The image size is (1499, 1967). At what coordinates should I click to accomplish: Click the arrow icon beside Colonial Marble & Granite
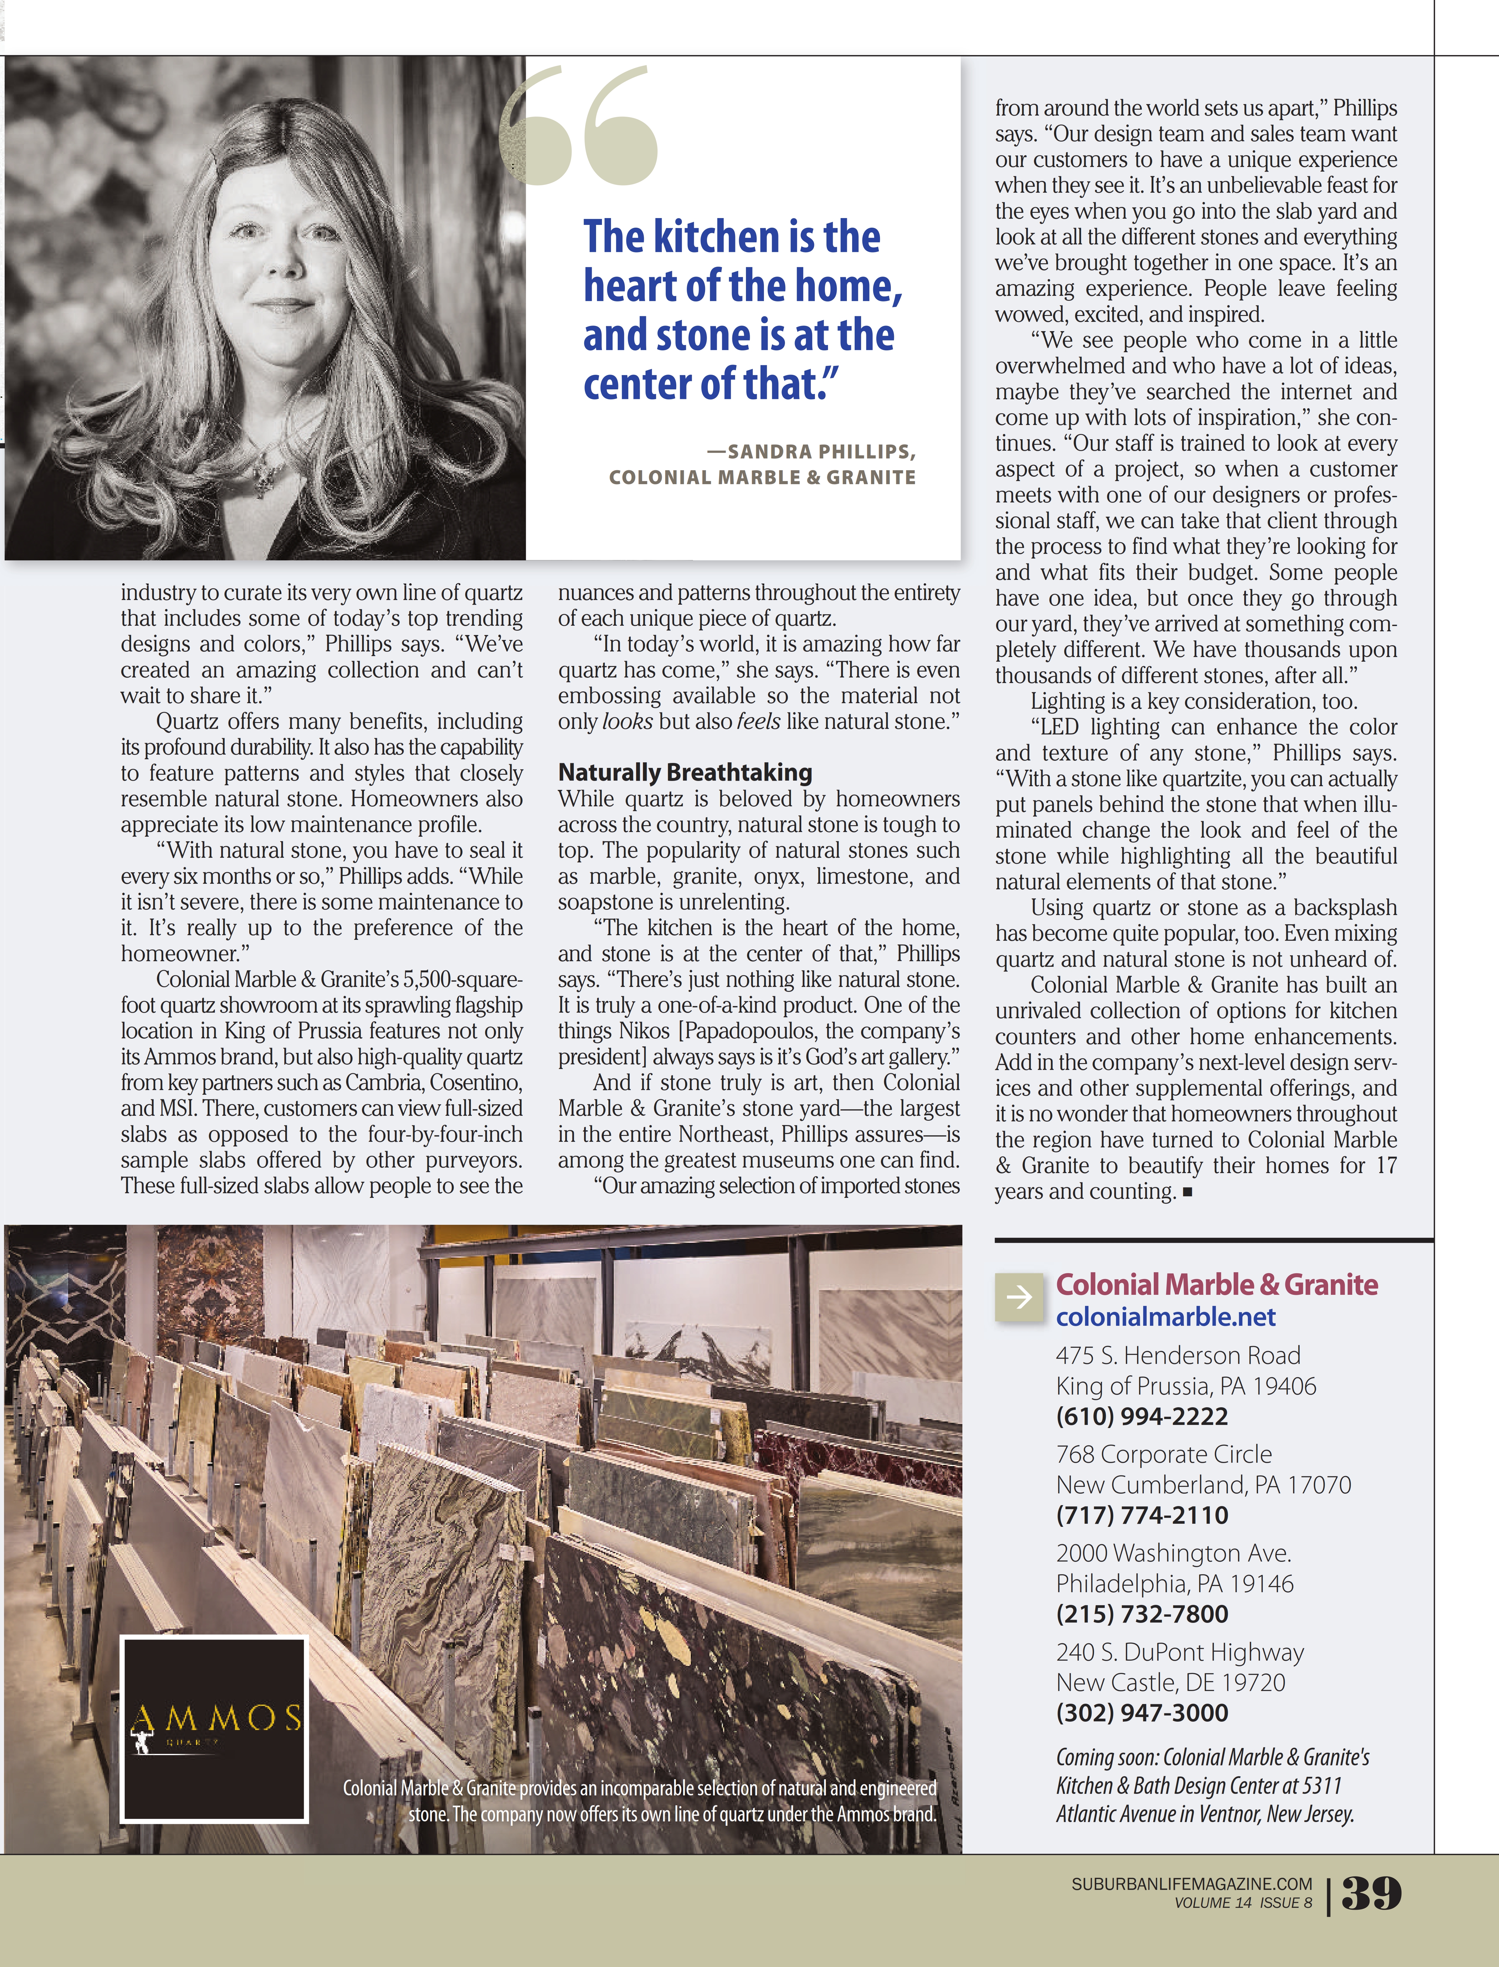[1018, 1297]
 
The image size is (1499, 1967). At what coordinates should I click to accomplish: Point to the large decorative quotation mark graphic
[580, 125]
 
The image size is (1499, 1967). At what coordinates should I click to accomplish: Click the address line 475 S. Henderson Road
[1178, 1356]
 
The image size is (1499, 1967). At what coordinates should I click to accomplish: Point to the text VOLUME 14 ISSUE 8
[1243, 1903]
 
